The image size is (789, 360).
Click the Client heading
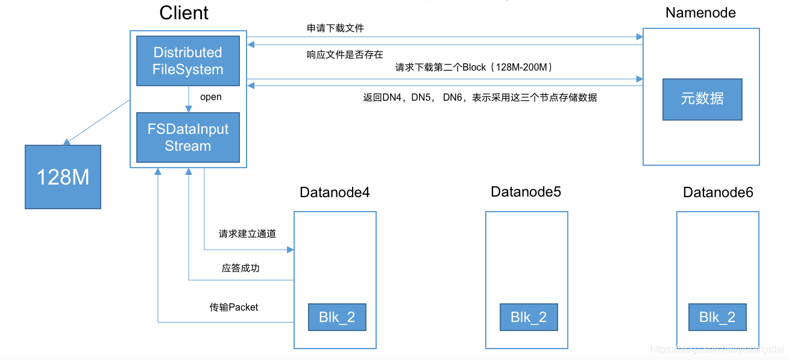tap(184, 13)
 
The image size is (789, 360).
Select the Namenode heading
tap(700, 13)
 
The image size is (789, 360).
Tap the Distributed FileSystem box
tap(188, 61)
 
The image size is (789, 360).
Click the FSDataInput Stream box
tap(188, 137)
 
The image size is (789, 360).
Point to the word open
tap(210, 97)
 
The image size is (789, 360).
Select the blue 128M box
tap(63, 177)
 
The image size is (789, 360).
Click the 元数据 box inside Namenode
tap(702, 99)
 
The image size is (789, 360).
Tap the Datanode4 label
tap(335, 192)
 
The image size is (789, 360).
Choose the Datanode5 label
tap(526, 192)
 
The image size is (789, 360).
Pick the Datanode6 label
tap(718, 192)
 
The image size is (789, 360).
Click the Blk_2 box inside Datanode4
tap(337, 317)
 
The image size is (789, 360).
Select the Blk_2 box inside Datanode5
tap(529, 317)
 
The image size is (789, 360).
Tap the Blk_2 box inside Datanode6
tap(717, 317)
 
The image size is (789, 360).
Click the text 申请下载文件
tap(335, 28)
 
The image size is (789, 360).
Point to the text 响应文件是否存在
tap(345, 54)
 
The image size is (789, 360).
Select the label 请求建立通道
tap(247, 233)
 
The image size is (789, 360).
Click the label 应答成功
tap(240, 268)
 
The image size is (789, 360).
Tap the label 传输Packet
tap(234, 307)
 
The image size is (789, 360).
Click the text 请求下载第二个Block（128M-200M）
tap(474, 68)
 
